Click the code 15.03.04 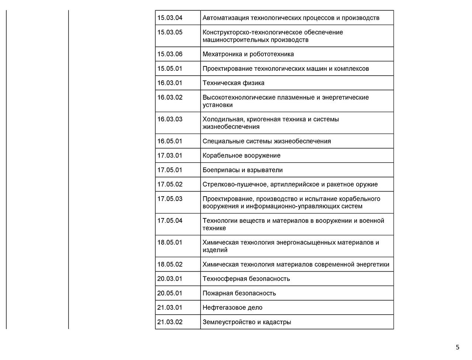(170, 18)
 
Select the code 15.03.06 (170, 54)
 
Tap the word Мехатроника (222, 54)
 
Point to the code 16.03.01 (170, 83)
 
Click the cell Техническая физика (233, 83)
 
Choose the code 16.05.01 (170, 141)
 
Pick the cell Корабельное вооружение (241, 156)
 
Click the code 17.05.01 (170, 170)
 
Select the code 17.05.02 (170, 184)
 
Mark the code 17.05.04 (170, 221)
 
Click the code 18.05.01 (170, 242)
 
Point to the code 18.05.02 (170, 264)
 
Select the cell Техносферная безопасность (246, 279)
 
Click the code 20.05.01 (170, 293)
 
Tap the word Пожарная (218, 293)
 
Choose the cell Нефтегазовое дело (232, 308)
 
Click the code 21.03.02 (170, 322)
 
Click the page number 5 (458, 347)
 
